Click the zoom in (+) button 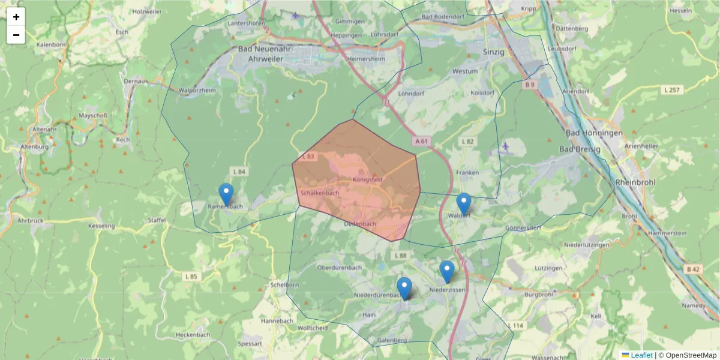[x=16, y=17]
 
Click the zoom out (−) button [x=16, y=35]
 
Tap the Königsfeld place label [x=368, y=179]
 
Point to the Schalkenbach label [x=320, y=193]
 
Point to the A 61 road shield [x=422, y=141]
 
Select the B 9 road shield [x=529, y=85]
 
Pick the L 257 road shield [x=671, y=90]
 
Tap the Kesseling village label [x=101, y=226]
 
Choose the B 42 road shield [x=693, y=269]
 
